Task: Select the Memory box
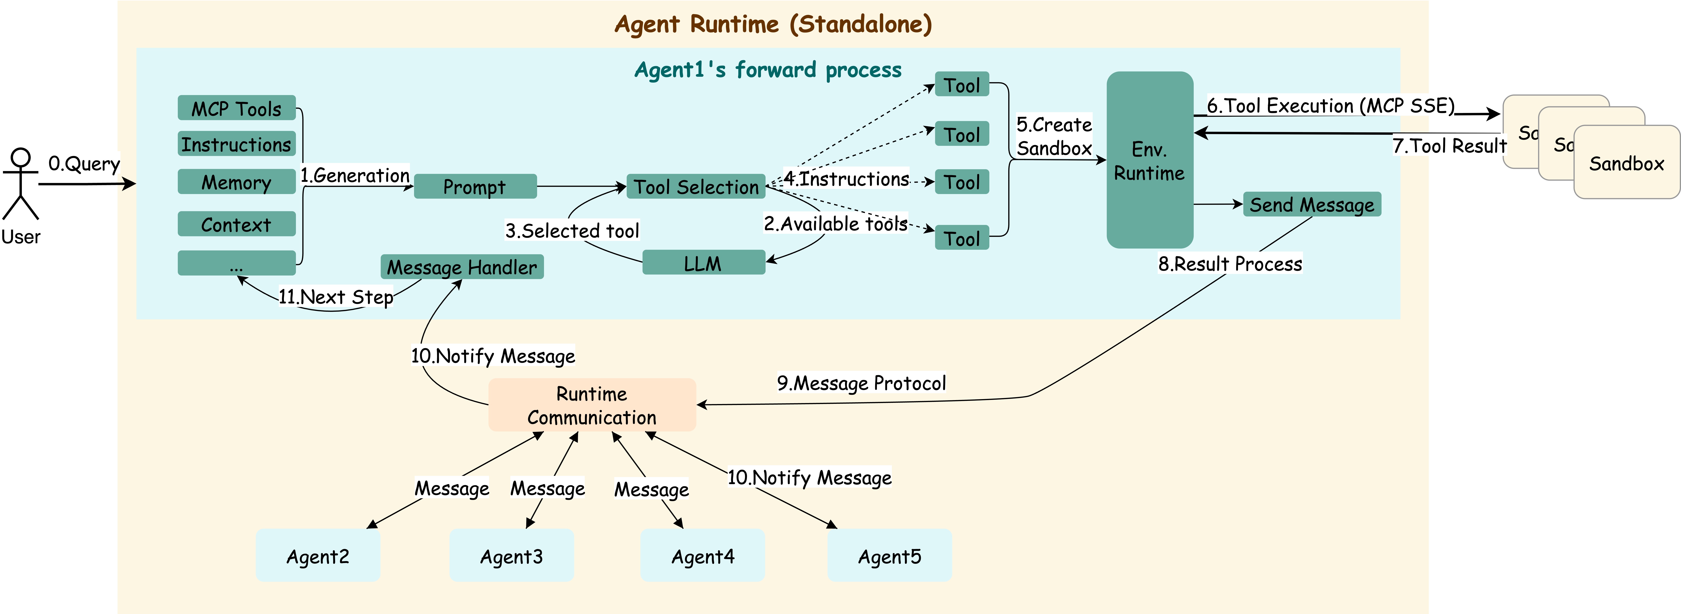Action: [236, 182]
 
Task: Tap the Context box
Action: [236, 224]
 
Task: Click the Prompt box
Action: [475, 187]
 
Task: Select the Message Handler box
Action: [462, 267]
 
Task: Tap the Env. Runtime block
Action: [1150, 160]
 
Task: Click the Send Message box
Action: [1312, 204]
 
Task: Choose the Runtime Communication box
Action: [592, 405]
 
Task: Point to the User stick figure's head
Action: [21, 158]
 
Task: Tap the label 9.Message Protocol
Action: [861, 383]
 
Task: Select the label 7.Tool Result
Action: [1449, 145]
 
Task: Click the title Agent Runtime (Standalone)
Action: [773, 24]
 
